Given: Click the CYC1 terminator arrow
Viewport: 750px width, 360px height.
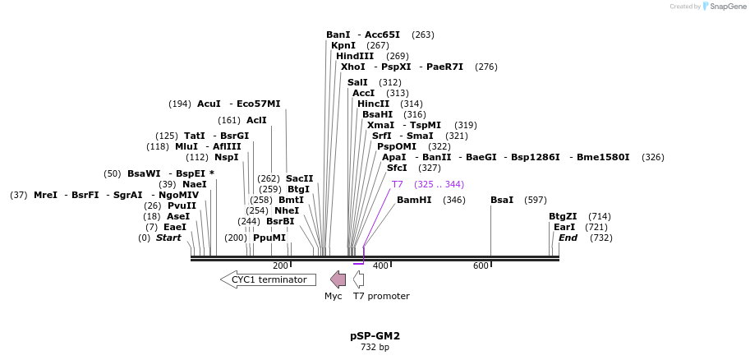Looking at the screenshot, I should (x=268, y=279).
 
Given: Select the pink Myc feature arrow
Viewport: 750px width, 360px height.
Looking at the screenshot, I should (x=338, y=279).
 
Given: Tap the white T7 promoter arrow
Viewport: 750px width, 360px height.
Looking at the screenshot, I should (x=359, y=279).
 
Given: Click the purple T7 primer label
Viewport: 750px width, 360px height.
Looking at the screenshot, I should (x=398, y=184).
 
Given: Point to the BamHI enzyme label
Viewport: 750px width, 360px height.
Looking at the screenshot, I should (x=414, y=200).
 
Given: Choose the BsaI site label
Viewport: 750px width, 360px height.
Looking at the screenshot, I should (x=502, y=200).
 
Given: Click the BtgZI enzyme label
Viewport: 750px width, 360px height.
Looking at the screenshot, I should (x=563, y=216).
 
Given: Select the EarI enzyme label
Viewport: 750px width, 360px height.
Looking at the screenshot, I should (x=564, y=227).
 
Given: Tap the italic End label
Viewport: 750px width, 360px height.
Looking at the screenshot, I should (x=568, y=238).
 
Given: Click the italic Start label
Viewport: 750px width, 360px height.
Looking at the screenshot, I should (x=168, y=238).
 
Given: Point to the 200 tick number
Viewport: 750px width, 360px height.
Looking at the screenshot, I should (x=280, y=265).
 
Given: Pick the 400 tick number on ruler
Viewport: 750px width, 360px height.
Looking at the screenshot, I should (x=380, y=265).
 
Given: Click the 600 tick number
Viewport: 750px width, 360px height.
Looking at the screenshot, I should (x=481, y=265).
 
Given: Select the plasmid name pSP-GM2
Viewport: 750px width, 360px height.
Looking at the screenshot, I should (x=375, y=335).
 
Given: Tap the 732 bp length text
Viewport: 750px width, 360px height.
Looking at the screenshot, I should (x=375, y=347).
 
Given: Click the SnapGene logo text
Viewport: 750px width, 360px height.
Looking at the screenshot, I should (x=726, y=7).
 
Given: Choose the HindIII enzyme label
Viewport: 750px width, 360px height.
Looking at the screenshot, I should (x=355, y=56).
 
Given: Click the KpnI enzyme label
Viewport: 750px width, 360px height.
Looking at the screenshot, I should (x=343, y=45).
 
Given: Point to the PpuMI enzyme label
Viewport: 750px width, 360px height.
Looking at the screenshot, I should (x=269, y=238).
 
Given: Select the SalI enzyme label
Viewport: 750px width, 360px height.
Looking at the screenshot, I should (x=357, y=82).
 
